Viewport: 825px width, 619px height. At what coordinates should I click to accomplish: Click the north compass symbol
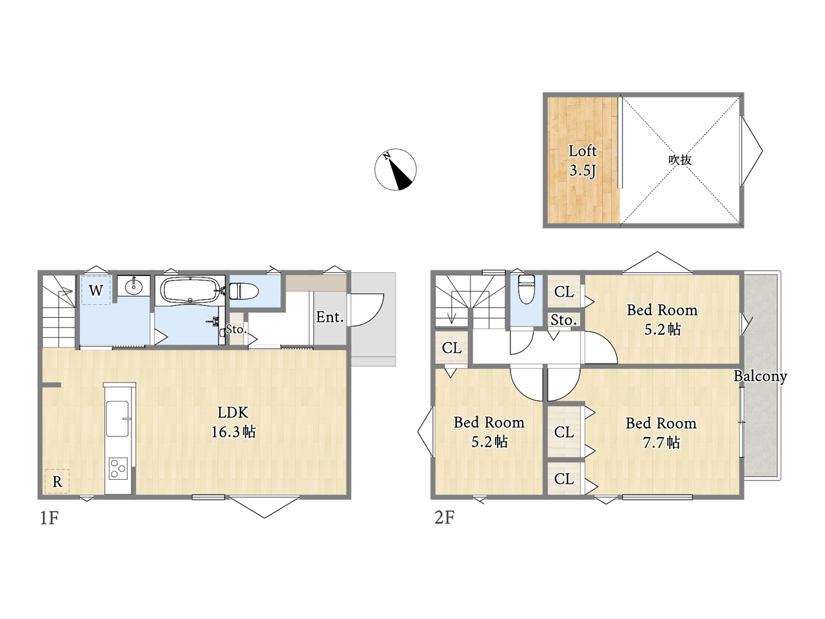395,170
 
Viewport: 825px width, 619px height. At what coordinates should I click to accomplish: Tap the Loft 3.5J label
582,161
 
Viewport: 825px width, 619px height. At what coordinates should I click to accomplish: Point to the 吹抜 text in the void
679,160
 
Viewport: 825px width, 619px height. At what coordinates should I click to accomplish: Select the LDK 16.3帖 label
233,422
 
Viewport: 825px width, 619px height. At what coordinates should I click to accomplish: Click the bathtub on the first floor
189,290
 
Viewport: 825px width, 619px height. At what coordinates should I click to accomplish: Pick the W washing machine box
96,290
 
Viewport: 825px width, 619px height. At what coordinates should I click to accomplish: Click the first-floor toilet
244,291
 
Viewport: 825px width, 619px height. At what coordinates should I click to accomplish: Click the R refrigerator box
57,481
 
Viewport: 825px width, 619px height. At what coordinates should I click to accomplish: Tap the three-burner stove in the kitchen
118,468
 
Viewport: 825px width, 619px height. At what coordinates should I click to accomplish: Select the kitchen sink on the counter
118,418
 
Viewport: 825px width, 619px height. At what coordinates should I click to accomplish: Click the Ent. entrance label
330,318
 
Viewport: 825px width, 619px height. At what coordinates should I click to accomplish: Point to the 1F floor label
49,518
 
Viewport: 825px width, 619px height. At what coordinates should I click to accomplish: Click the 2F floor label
444,518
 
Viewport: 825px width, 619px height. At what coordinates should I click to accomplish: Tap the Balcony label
761,376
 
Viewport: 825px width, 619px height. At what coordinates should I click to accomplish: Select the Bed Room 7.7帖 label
661,433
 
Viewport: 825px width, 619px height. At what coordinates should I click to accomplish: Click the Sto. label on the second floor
563,320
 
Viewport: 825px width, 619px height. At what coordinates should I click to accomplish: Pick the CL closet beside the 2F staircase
451,348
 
